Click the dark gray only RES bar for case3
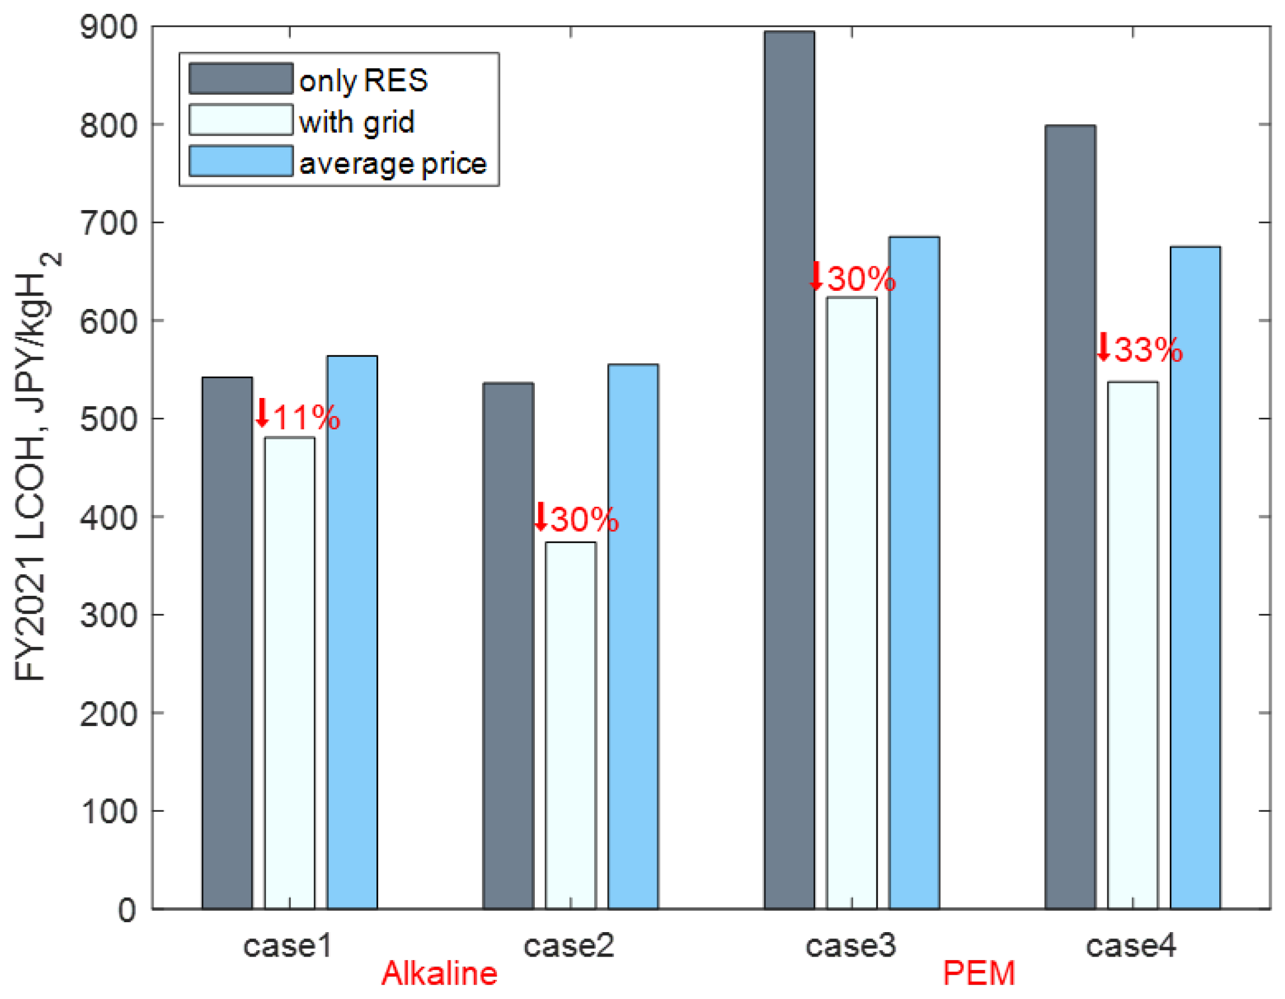789,471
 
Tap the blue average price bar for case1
352,632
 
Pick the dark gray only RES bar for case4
1070,518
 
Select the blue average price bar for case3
914,573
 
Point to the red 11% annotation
298,417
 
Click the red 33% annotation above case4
1139,349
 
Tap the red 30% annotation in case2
576,519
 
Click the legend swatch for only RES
240,79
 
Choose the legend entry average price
392,163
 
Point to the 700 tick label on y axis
109,223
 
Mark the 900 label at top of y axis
109,28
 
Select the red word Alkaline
439,974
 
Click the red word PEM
978,974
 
